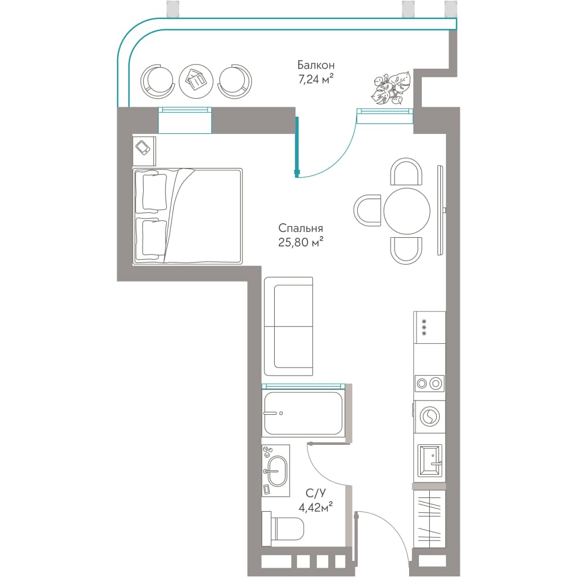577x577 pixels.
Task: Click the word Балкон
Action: [x=316, y=65]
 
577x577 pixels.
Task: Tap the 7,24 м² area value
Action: [x=316, y=78]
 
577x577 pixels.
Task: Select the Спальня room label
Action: [x=301, y=228]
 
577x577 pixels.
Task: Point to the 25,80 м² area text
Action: [x=301, y=242]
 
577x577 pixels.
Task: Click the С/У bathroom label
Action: [x=316, y=493]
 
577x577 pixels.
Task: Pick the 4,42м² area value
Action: [x=316, y=507]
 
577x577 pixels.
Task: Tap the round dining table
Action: [x=407, y=211]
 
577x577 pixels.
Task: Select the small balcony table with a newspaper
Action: [x=196, y=81]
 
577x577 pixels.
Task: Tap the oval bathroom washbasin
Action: [x=277, y=471]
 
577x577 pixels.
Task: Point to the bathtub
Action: [x=303, y=413]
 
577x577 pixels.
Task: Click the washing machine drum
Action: [x=429, y=417]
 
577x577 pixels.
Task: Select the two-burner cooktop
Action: [x=429, y=384]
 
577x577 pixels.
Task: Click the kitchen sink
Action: [x=430, y=460]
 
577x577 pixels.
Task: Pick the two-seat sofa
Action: [x=288, y=327]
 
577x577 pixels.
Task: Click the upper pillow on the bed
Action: [x=154, y=193]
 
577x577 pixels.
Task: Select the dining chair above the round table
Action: [x=406, y=172]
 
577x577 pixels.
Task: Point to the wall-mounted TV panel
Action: [x=440, y=210]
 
